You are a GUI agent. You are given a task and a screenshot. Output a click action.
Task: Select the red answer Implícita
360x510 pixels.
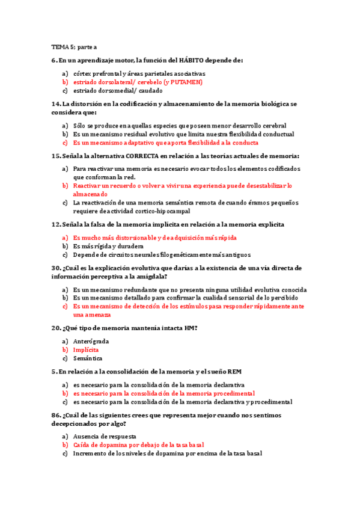click(86, 349)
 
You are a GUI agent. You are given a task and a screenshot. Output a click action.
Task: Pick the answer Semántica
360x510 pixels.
click(87, 358)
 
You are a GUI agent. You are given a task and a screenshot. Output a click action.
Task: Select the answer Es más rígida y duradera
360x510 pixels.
click(108, 246)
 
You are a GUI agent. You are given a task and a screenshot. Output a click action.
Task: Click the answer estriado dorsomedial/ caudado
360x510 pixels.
click(115, 90)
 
